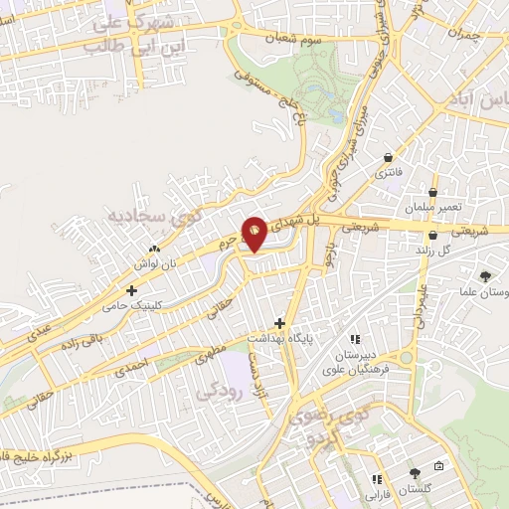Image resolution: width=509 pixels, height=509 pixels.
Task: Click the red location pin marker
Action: pos(254,234)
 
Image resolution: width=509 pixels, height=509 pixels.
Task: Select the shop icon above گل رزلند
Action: pos(434,236)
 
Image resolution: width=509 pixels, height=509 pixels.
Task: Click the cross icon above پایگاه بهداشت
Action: pos(280,323)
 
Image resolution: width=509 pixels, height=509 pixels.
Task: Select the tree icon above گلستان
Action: pos(415,474)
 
